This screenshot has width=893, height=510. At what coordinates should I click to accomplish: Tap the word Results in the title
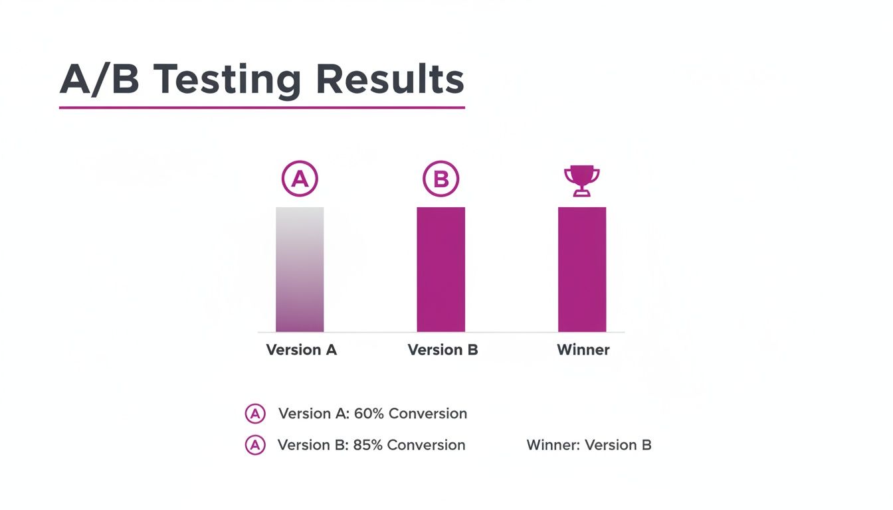click(x=389, y=80)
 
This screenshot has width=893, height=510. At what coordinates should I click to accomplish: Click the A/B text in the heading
click(x=100, y=80)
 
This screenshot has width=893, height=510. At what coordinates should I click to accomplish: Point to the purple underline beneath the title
click(x=262, y=107)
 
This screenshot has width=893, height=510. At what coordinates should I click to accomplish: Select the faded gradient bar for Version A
click(x=300, y=269)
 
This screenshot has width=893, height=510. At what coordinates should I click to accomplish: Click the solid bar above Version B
click(x=441, y=269)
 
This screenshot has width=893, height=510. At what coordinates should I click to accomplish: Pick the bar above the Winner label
click(x=581, y=269)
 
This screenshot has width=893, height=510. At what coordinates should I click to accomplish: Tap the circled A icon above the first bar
click(x=300, y=179)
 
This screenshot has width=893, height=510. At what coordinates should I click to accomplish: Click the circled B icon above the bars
click(x=441, y=179)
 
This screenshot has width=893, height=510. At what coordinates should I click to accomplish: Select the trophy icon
click(x=581, y=180)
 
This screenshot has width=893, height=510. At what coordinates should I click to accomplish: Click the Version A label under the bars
click(x=301, y=350)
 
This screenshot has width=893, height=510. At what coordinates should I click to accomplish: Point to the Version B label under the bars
click(x=443, y=350)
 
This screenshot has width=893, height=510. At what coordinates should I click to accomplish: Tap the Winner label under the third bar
click(x=583, y=350)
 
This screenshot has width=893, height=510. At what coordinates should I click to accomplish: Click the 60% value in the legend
click(x=369, y=414)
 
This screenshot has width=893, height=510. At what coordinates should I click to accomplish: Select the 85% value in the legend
click(x=367, y=445)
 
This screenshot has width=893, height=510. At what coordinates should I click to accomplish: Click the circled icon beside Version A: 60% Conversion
click(x=255, y=414)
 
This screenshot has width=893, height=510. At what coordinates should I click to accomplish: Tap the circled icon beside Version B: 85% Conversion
click(x=255, y=445)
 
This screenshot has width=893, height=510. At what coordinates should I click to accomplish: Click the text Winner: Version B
click(x=589, y=445)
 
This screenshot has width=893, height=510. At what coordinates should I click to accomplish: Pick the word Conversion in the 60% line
click(x=428, y=414)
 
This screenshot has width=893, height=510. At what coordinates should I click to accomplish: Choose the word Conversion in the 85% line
click(x=427, y=445)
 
